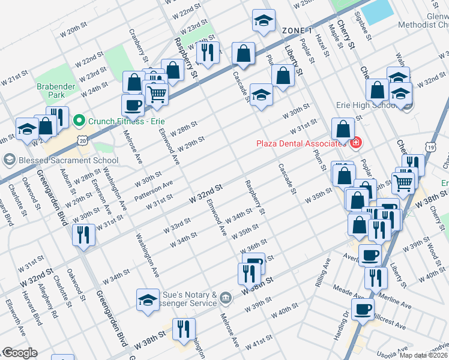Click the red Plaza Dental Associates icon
(x=355, y=143)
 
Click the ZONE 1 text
(x=297, y=30)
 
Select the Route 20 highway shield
(x=82, y=140)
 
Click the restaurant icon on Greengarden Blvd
(x=83, y=233)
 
